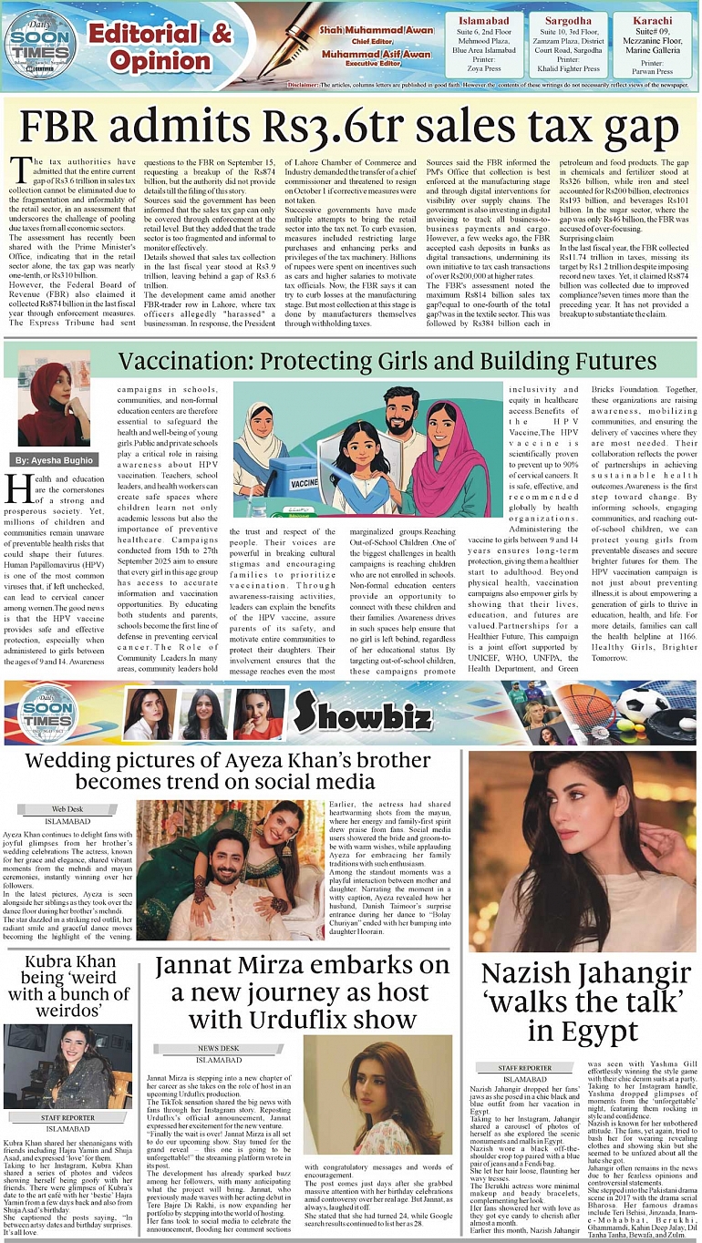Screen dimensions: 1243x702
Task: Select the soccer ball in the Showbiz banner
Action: tap(643, 704)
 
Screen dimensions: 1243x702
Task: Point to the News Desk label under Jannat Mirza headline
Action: tap(219, 1048)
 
